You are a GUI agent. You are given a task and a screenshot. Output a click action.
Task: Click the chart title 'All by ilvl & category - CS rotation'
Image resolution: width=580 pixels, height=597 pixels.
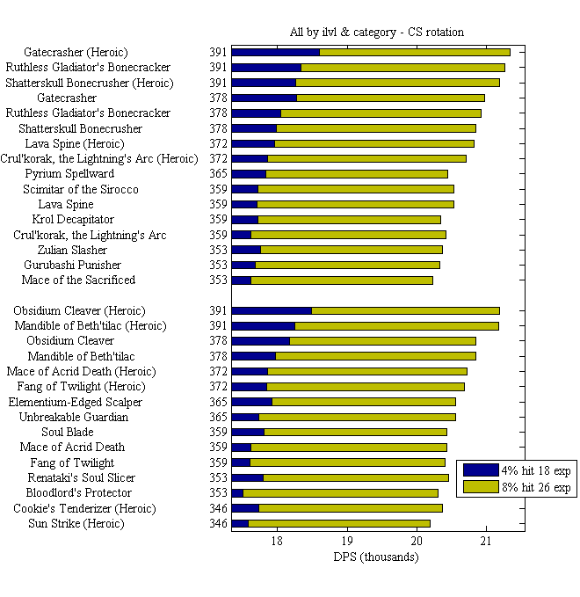[x=376, y=33]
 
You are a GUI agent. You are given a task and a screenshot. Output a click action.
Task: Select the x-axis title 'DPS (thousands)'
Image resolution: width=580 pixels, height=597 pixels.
[x=376, y=557]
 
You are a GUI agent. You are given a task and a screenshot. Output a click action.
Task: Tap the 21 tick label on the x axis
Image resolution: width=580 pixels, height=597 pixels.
[x=486, y=542]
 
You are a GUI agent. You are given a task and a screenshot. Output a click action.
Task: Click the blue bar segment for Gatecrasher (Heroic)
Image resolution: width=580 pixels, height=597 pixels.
[x=275, y=52]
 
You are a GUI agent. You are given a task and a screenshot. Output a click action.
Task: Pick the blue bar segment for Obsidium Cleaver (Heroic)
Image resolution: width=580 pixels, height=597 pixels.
[x=272, y=310]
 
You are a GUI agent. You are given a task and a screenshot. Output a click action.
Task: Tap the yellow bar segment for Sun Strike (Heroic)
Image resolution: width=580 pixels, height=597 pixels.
[x=339, y=524]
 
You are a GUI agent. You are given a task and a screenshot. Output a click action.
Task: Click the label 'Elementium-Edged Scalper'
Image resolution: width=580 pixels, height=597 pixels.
[x=75, y=402]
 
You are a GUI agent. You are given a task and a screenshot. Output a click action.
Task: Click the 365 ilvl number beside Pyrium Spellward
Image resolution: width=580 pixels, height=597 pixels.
[x=218, y=174]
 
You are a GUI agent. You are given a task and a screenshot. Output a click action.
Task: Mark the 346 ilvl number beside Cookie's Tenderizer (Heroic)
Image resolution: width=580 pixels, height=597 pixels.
[x=218, y=508]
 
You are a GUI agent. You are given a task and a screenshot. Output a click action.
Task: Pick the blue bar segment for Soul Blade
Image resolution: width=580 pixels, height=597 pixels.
[x=248, y=433]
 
